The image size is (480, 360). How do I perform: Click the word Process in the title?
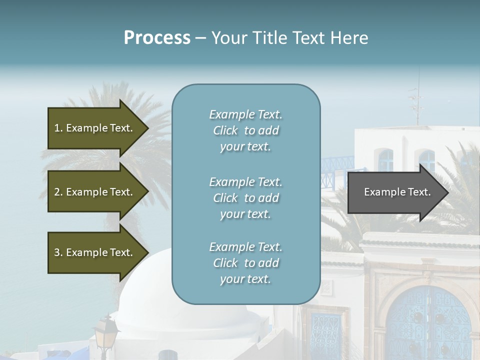click(x=157, y=38)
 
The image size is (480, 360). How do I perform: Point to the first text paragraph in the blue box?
click(x=245, y=130)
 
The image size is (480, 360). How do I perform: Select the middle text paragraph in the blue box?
click(x=245, y=198)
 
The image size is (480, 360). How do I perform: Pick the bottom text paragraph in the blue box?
click(x=245, y=263)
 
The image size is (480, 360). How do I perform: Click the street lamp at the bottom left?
click(x=106, y=332)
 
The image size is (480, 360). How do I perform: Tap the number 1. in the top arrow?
click(x=58, y=128)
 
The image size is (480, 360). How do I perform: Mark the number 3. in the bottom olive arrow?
click(x=58, y=252)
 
